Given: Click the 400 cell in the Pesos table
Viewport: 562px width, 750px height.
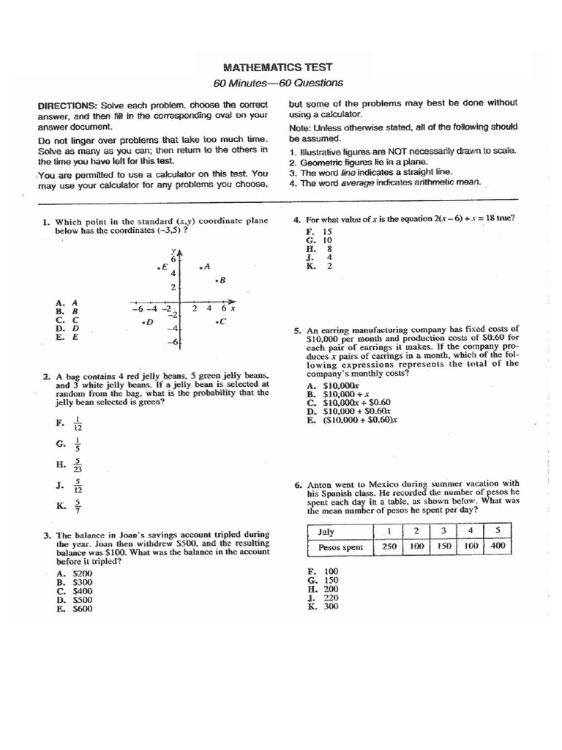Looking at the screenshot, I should (x=497, y=546).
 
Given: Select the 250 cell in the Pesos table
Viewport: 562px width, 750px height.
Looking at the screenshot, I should (x=389, y=546).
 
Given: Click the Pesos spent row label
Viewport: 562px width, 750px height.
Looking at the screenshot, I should (x=340, y=547).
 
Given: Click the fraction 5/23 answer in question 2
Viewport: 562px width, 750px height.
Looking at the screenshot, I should (x=78, y=464).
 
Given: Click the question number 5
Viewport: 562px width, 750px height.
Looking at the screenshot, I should (x=298, y=330).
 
